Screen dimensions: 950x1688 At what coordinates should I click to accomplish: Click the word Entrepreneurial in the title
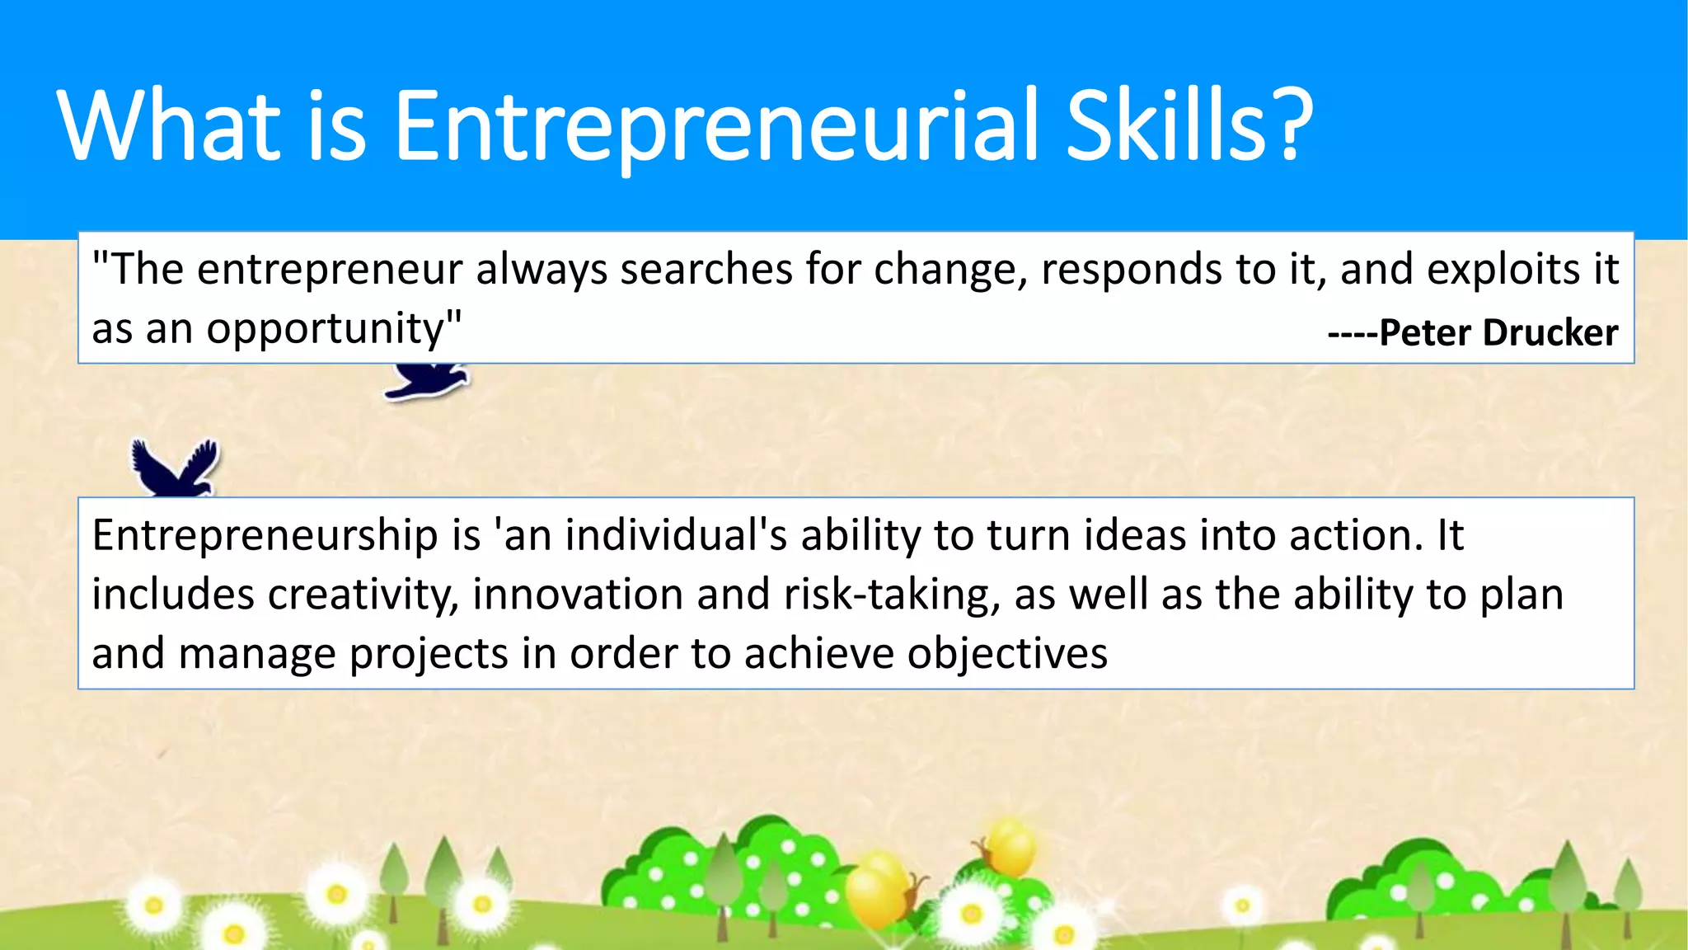coord(715,125)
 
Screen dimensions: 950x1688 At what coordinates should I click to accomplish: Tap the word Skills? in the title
coord(1189,125)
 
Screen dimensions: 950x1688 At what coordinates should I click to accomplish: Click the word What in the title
coord(169,125)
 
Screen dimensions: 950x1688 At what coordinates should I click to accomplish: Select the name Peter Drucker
coord(1498,332)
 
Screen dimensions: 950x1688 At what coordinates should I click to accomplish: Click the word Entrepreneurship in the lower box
coord(265,536)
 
